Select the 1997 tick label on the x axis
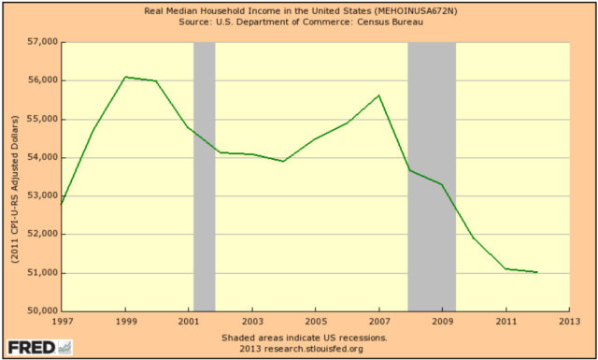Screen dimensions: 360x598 [62, 322]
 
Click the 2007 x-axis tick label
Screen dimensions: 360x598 [379, 322]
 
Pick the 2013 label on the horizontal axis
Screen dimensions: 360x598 [569, 322]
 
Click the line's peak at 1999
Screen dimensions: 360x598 [125, 77]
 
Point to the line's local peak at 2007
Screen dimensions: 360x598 [379, 95]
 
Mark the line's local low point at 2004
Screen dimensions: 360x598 [284, 161]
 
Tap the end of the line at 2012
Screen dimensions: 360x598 [537, 272]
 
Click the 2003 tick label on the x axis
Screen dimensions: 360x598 [251, 322]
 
